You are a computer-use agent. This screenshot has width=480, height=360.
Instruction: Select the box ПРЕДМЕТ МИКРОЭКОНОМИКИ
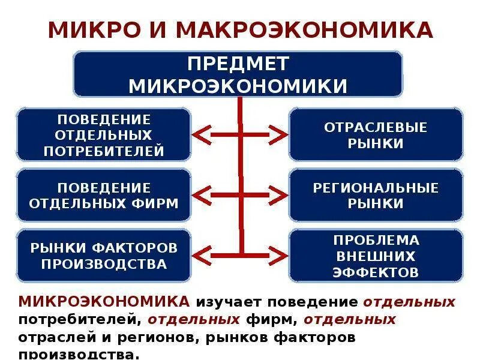[238, 73]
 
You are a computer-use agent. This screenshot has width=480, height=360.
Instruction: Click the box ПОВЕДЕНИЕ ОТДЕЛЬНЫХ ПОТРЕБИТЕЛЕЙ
[104, 134]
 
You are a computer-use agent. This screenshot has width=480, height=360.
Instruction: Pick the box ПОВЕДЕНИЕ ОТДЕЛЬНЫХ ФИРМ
[104, 195]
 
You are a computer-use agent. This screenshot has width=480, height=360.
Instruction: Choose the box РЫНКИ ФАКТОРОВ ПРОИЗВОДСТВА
[104, 255]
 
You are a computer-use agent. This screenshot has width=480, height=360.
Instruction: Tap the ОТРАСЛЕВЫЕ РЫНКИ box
[376, 134]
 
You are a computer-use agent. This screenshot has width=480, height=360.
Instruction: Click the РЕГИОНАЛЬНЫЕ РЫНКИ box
[376, 195]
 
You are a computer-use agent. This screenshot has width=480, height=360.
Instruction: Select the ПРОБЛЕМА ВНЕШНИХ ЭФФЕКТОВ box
[376, 255]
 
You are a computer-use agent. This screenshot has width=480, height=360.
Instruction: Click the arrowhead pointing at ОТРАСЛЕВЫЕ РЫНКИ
[279, 135]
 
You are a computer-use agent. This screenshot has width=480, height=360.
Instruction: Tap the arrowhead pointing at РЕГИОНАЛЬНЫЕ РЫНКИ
[279, 195]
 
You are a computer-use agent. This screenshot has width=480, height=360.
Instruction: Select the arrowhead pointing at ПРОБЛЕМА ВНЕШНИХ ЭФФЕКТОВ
[279, 255]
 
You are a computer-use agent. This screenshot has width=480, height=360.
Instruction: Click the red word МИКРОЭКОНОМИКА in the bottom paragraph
[104, 301]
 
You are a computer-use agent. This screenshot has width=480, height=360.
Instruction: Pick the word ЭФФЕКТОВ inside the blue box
[376, 271]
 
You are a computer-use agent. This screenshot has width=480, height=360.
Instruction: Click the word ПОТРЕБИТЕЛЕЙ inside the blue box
[104, 150]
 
